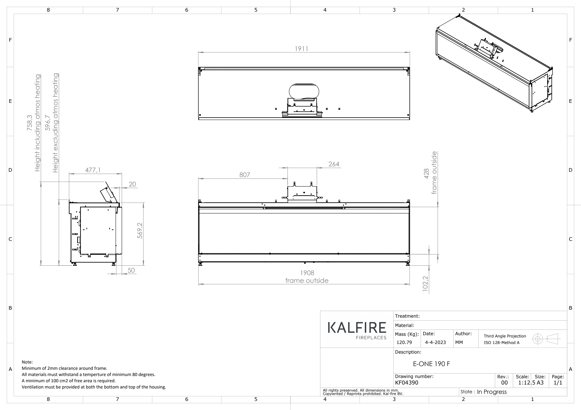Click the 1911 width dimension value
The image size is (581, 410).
point(302,49)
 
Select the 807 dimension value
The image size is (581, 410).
point(245,175)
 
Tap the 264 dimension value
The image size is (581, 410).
point(334,164)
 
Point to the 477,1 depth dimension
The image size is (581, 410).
point(93,170)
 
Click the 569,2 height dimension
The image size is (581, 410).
point(140,230)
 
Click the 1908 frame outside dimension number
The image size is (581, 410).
point(307,273)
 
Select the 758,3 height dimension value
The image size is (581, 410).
point(30,123)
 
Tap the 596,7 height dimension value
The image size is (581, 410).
point(48,123)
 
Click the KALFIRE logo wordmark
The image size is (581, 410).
point(357,328)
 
